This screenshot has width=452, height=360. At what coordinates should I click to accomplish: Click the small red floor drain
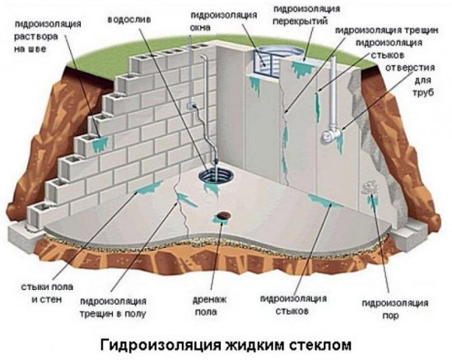[x=220, y=218]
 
